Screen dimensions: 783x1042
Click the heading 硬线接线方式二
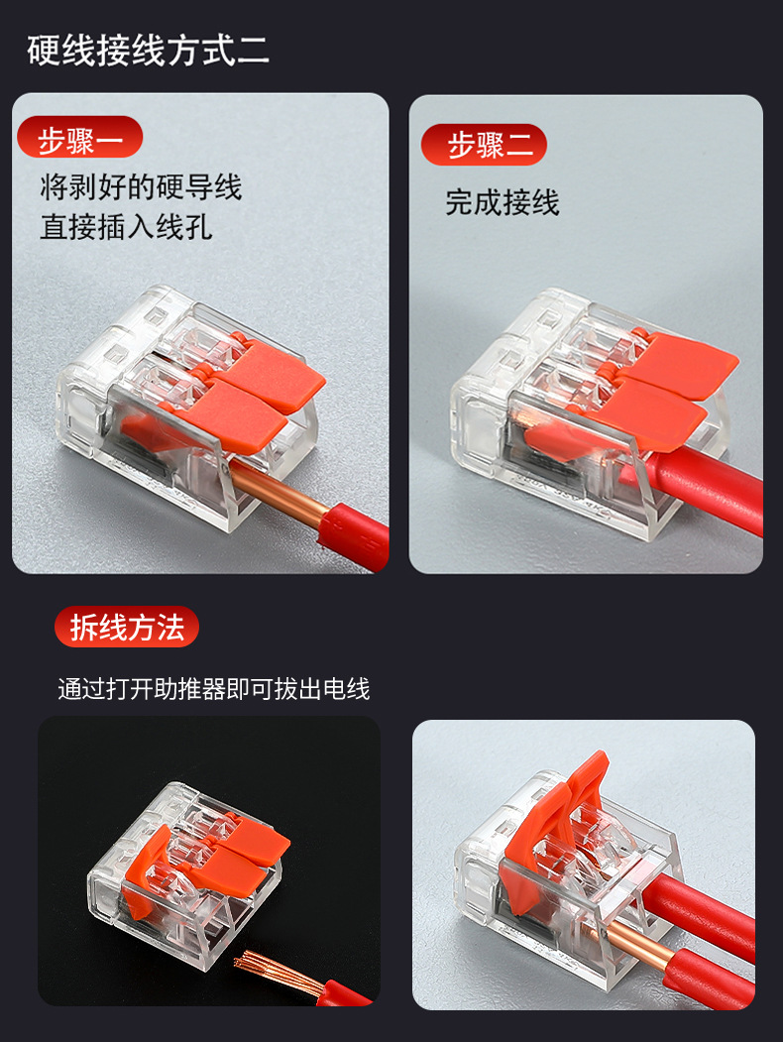(148, 50)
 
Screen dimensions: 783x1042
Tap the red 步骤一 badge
(79, 138)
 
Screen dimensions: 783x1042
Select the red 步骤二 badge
(484, 144)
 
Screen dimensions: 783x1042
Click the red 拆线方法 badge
(127, 627)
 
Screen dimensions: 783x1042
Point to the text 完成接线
(503, 202)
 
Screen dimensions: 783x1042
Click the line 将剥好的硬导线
(141, 186)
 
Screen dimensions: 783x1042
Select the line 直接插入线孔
(126, 227)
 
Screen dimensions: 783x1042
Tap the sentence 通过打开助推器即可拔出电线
(214, 689)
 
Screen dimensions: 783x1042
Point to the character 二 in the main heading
(253, 51)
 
